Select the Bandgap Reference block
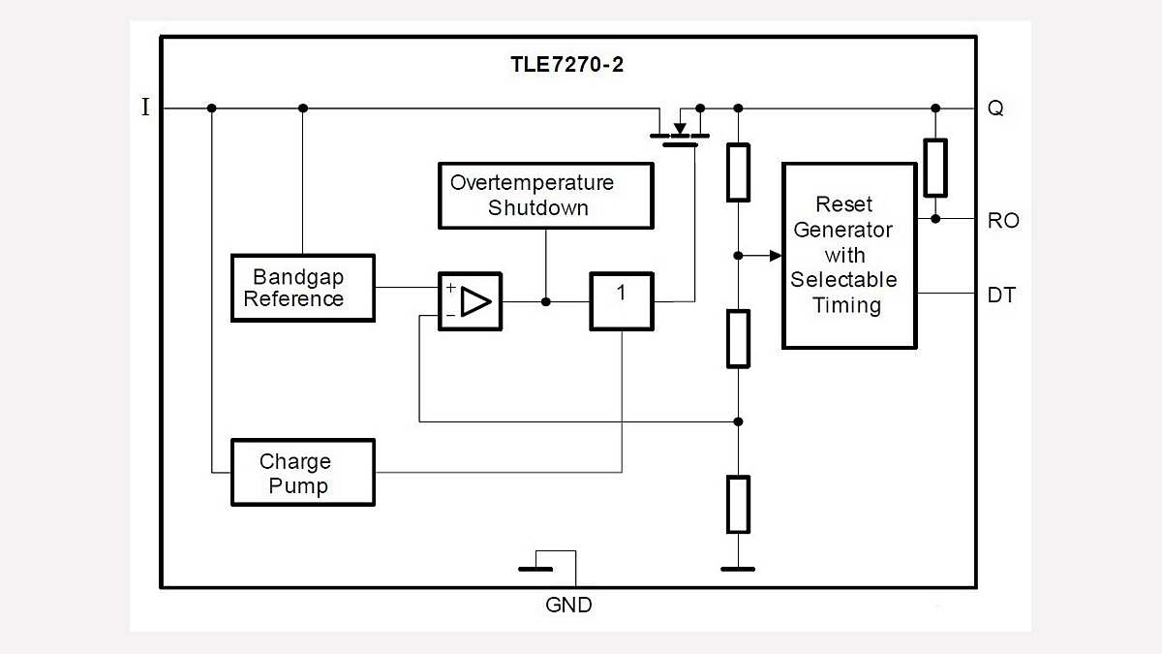(302, 288)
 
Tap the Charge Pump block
(302, 473)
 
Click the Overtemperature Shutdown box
(545, 195)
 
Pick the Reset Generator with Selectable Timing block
(849, 256)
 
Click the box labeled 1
(621, 301)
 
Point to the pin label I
(146, 108)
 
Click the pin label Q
(994, 109)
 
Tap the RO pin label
(1002, 221)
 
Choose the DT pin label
(1001, 295)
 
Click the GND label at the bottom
(568, 606)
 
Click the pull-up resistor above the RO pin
(934, 168)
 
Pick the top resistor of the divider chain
(738, 171)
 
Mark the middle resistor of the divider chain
(738, 338)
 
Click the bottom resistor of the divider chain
(738, 504)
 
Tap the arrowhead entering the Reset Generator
(775, 256)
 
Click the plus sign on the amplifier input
(450, 288)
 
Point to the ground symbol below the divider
(738, 569)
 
